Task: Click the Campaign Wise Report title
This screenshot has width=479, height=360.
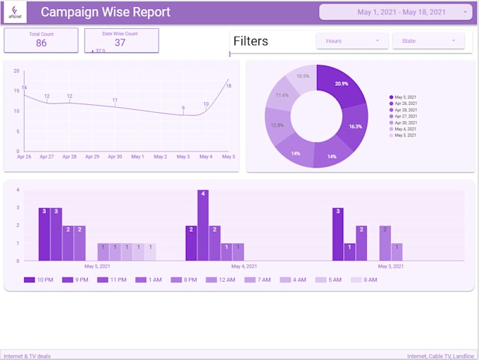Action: coord(106,12)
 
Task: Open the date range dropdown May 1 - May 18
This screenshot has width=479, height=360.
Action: coord(395,12)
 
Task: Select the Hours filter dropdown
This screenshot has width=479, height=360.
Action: coord(352,41)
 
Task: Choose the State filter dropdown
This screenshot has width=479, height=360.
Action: coord(428,41)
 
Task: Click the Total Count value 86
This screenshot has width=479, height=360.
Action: coord(41,43)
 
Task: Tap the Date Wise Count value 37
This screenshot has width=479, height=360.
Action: coord(120,42)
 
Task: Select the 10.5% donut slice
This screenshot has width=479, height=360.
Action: coord(303,77)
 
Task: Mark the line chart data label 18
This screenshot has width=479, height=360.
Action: coord(229,86)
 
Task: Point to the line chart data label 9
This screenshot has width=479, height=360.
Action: coord(183,108)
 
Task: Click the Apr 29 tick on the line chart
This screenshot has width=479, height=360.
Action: coord(92,157)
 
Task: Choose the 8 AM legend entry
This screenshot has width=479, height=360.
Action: coord(364,280)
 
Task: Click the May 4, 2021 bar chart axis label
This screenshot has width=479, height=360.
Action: coord(244,266)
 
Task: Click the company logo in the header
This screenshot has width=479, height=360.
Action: coord(15,13)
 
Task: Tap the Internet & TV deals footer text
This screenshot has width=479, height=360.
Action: coord(27,356)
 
